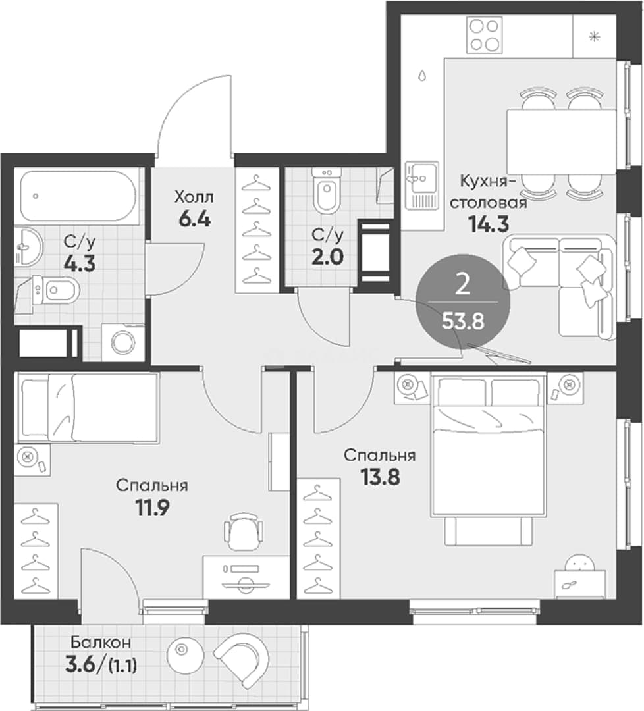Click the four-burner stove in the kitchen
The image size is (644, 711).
coord(485,35)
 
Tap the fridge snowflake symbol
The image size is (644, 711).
coord(594,37)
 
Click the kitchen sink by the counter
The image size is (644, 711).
coord(422,185)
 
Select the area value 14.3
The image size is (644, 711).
coord(489,224)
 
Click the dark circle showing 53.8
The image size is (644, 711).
coord(463,302)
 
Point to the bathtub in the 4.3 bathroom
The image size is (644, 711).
coord(78,196)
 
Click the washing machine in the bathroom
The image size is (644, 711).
coord(123,342)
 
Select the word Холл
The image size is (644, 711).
coord(194,197)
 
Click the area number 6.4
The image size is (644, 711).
coord(195,219)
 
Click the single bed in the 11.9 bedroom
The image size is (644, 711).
coord(88,408)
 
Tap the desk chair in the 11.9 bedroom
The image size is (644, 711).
coord(244,531)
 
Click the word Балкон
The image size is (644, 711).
coord(100,642)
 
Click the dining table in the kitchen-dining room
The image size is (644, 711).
coord(562,141)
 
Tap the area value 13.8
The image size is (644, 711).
coord(380,477)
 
